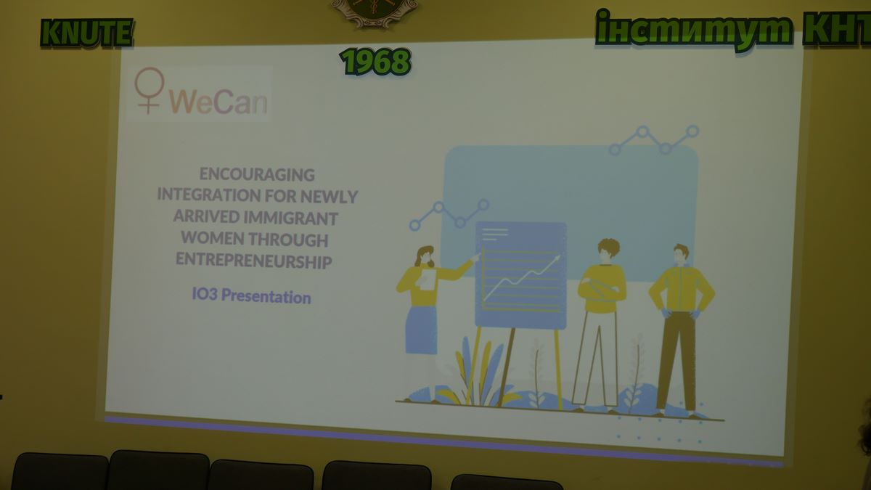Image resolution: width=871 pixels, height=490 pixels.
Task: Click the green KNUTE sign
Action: [x=86, y=33]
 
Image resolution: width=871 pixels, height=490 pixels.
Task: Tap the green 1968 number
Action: [x=376, y=62]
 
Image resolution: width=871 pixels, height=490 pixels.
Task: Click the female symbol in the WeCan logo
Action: [x=149, y=90]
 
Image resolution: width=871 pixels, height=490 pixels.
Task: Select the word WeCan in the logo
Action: [x=218, y=102]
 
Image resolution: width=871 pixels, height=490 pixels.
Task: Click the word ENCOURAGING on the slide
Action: [x=257, y=175]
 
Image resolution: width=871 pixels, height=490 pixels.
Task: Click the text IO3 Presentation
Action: [x=252, y=296]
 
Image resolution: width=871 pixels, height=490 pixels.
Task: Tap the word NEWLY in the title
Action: [x=329, y=197]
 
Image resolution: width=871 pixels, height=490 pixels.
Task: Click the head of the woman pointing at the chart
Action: [x=425, y=256]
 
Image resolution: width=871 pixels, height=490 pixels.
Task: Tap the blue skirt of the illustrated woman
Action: [x=421, y=330]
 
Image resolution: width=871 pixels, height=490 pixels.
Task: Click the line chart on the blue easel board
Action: [x=521, y=278]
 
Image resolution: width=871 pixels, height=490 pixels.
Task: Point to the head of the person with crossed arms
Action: [x=608, y=251]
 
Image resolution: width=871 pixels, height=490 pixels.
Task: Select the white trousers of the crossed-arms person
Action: [x=595, y=358]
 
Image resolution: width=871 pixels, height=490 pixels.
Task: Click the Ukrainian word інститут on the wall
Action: [x=694, y=30]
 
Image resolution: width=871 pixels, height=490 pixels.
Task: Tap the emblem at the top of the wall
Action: [x=375, y=12]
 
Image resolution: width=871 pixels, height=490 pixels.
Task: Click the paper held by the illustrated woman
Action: [x=428, y=279]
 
